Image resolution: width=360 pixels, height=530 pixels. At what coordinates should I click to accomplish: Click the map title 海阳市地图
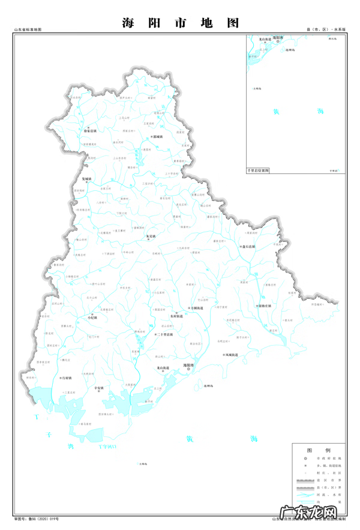[180, 23]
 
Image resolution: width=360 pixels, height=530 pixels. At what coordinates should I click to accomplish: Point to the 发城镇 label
[87, 179]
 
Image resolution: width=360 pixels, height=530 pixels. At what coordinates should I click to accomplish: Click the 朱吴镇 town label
[151, 236]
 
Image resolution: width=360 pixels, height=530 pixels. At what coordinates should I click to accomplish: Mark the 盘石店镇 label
[248, 247]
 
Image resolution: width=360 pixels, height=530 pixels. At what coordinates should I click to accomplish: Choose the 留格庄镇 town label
[265, 306]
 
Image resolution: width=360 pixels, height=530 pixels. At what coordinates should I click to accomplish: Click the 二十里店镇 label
[164, 334]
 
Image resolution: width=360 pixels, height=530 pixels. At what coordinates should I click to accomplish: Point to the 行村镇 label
[67, 378]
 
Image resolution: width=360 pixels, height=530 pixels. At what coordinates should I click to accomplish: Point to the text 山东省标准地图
[28, 29]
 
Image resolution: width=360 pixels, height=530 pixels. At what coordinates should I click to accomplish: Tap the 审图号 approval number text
[36, 517]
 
